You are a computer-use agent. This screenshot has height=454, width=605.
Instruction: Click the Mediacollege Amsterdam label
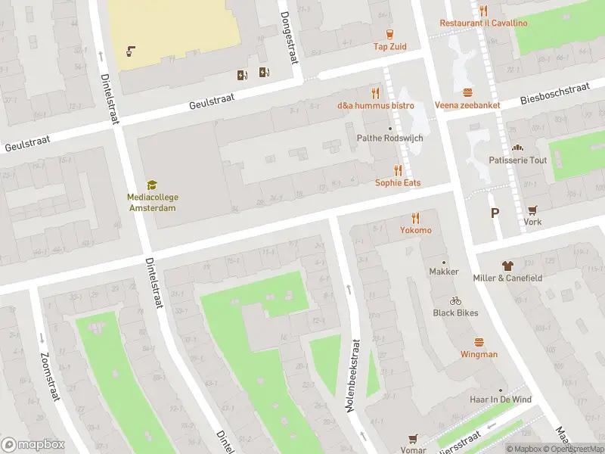[x=153, y=202]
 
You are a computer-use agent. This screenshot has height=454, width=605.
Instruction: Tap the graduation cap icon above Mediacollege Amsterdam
[x=152, y=185]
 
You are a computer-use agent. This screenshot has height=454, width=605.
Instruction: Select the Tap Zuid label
[x=389, y=46]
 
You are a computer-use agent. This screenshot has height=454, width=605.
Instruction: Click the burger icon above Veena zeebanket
[x=468, y=93]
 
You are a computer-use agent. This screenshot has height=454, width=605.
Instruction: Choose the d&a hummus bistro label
[x=376, y=105]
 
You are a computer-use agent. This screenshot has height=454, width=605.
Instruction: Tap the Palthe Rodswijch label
[x=389, y=138]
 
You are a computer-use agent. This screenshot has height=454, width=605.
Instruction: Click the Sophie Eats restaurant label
[x=398, y=183]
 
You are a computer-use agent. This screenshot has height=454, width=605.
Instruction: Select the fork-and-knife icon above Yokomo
[x=415, y=218]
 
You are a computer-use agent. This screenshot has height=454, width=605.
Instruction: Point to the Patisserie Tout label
[x=518, y=160]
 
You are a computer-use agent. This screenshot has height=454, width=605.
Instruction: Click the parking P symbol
[x=495, y=213]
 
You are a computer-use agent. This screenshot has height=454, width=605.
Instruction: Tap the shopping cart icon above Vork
[x=532, y=210]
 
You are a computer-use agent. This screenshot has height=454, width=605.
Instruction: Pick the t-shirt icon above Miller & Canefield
[x=507, y=266]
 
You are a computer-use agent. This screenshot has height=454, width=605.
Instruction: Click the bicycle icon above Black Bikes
[x=455, y=300]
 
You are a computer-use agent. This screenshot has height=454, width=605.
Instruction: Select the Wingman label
[x=479, y=354]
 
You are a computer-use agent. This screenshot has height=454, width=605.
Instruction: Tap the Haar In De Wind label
[x=500, y=400]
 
